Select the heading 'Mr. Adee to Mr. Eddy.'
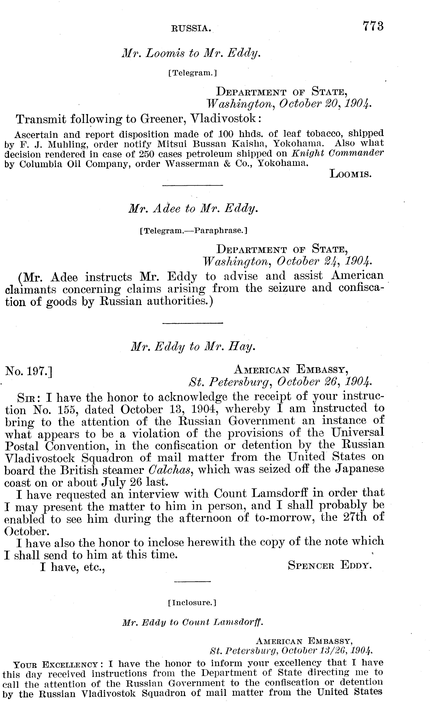point(193,208)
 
